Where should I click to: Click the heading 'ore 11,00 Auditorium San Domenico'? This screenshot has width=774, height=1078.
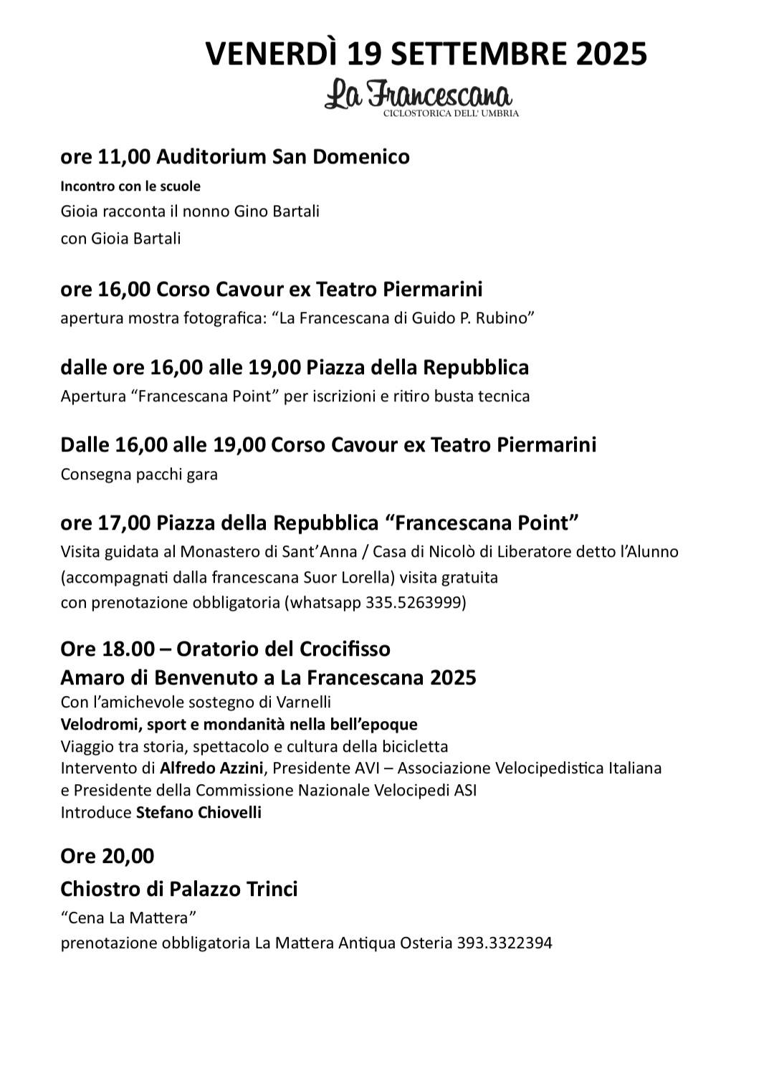[235, 156]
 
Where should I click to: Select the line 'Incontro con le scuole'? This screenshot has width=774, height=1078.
[130, 186]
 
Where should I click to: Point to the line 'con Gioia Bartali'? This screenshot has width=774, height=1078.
[120, 238]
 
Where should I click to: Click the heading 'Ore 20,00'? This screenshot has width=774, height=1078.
[107, 857]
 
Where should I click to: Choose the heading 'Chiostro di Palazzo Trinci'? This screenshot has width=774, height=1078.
[179, 889]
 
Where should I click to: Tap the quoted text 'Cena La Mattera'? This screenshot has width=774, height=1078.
[129, 917]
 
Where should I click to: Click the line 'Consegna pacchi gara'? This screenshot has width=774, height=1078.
[139, 474]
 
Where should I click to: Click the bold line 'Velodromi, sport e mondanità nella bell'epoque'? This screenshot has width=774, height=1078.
[239, 724]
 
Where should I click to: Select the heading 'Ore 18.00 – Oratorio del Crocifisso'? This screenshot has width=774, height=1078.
[226, 649]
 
